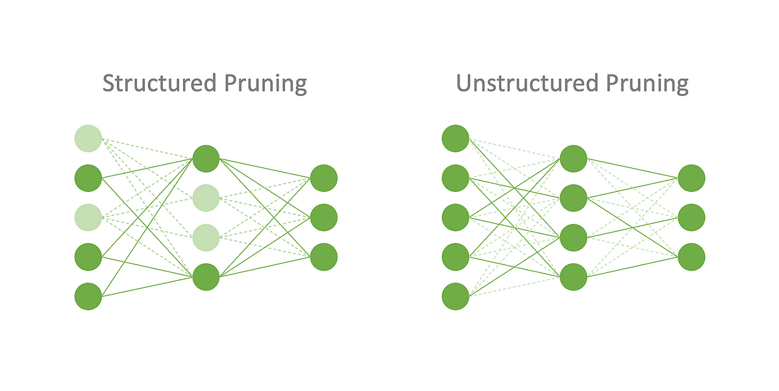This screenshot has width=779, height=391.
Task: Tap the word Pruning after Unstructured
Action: tap(649, 84)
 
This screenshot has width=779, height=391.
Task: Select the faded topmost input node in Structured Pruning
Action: tap(88, 137)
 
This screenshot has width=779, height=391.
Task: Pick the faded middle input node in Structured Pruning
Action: tap(88, 217)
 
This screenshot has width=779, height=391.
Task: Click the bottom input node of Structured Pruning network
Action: tap(88, 296)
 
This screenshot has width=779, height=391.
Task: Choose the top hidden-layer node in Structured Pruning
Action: tap(206, 158)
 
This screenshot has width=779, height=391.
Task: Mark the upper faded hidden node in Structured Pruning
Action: tap(206, 198)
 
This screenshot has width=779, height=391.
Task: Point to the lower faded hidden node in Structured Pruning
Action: tap(206, 237)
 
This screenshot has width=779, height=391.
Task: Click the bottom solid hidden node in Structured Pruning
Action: tap(206, 277)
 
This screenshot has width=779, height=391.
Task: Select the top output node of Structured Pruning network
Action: tap(324, 178)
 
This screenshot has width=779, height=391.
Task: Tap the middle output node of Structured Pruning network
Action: tap(324, 217)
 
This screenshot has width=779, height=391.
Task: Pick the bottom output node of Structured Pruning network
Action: tap(324, 257)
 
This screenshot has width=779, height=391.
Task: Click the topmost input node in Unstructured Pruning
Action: tap(455, 137)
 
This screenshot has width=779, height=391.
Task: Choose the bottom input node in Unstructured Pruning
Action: tap(455, 296)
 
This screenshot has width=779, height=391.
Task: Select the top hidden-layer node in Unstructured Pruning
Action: tap(573, 158)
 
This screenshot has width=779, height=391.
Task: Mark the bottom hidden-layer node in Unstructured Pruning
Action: tap(573, 277)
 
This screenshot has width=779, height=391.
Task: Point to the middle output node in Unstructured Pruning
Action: tap(691, 217)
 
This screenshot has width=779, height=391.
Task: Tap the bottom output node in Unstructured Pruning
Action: tap(691, 257)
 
